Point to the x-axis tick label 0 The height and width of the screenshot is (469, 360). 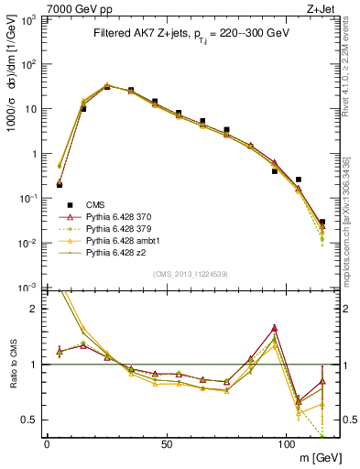tap(47, 444)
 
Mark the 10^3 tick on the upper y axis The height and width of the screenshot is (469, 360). tap(30, 20)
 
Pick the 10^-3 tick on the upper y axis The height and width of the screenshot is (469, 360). tap(30, 288)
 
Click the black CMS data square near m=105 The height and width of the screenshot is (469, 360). tap(299, 180)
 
